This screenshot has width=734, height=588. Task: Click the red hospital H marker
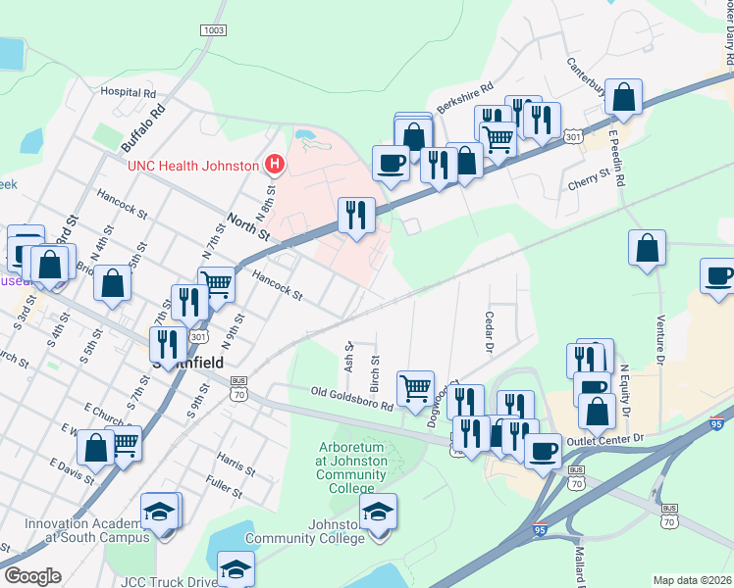pyautogui.click(x=276, y=165)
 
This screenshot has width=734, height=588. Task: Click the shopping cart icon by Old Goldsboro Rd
pyautogui.click(x=416, y=386)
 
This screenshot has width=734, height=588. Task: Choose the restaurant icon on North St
pyautogui.click(x=356, y=214)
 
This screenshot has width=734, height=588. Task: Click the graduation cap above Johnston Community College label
pyautogui.click(x=378, y=510)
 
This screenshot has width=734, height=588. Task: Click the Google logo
pyautogui.click(x=33, y=576)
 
